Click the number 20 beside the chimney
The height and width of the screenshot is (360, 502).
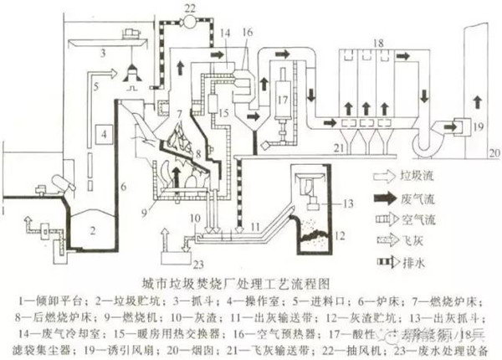coord(493,152)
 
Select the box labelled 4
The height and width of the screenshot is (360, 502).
coord(103,133)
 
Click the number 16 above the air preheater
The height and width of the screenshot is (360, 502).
coord(247,31)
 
